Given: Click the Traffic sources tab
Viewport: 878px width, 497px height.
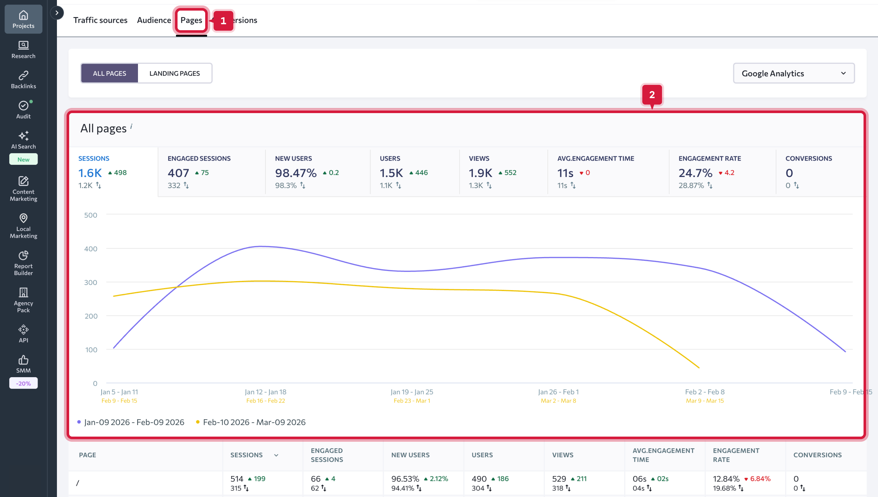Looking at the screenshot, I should point(100,20).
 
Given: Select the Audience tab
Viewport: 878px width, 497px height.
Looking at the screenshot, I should point(154,20).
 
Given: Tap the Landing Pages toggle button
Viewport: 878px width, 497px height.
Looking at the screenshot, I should point(175,73).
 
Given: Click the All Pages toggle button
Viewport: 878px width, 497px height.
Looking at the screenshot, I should point(109,73).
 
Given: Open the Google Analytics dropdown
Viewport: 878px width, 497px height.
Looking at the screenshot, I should point(793,73).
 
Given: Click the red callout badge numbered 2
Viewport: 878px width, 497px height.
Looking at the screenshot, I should point(652,95).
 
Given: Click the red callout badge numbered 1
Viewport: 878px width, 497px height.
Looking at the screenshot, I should point(223,21).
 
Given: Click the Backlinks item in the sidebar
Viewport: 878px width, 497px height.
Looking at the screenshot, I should point(23,80).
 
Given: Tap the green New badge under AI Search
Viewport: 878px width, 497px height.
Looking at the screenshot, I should point(23,159).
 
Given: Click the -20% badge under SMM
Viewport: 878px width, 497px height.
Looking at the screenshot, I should point(23,383).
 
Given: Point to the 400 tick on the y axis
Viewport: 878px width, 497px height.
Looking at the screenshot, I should point(90,249).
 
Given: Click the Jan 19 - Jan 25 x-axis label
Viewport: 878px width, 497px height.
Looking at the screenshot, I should point(412,392).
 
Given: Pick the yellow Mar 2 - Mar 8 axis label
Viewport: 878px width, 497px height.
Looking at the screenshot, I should point(558,401).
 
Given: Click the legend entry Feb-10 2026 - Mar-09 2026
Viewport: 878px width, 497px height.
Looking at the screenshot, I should point(254,422).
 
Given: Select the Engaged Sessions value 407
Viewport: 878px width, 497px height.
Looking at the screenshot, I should point(178,173).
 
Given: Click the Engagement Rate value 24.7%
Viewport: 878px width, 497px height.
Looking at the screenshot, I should point(695,173).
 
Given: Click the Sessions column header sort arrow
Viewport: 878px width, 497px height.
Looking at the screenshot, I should point(276,455).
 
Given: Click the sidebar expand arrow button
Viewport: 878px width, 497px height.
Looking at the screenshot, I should point(57,13).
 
